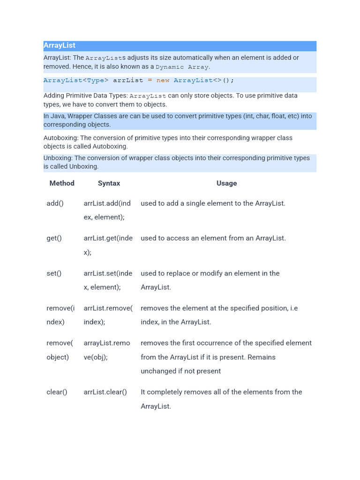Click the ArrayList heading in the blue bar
(x=60, y=45)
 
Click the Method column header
(x=62, y=183)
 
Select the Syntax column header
(x=109, y=183)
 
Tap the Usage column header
(x=226, y=183)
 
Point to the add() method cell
(x=55, y=203)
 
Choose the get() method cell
(x=54, y=238)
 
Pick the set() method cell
(x=54, y=273)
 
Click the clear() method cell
(x=57, y=392)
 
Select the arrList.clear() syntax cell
(x=105, y=392)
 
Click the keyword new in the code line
(x=163, y=80)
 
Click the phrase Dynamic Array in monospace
(x=182, y=67)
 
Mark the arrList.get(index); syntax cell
(x=108, y=245)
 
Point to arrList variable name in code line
(x=128, y=80)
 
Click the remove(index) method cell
(x=60, y=315)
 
